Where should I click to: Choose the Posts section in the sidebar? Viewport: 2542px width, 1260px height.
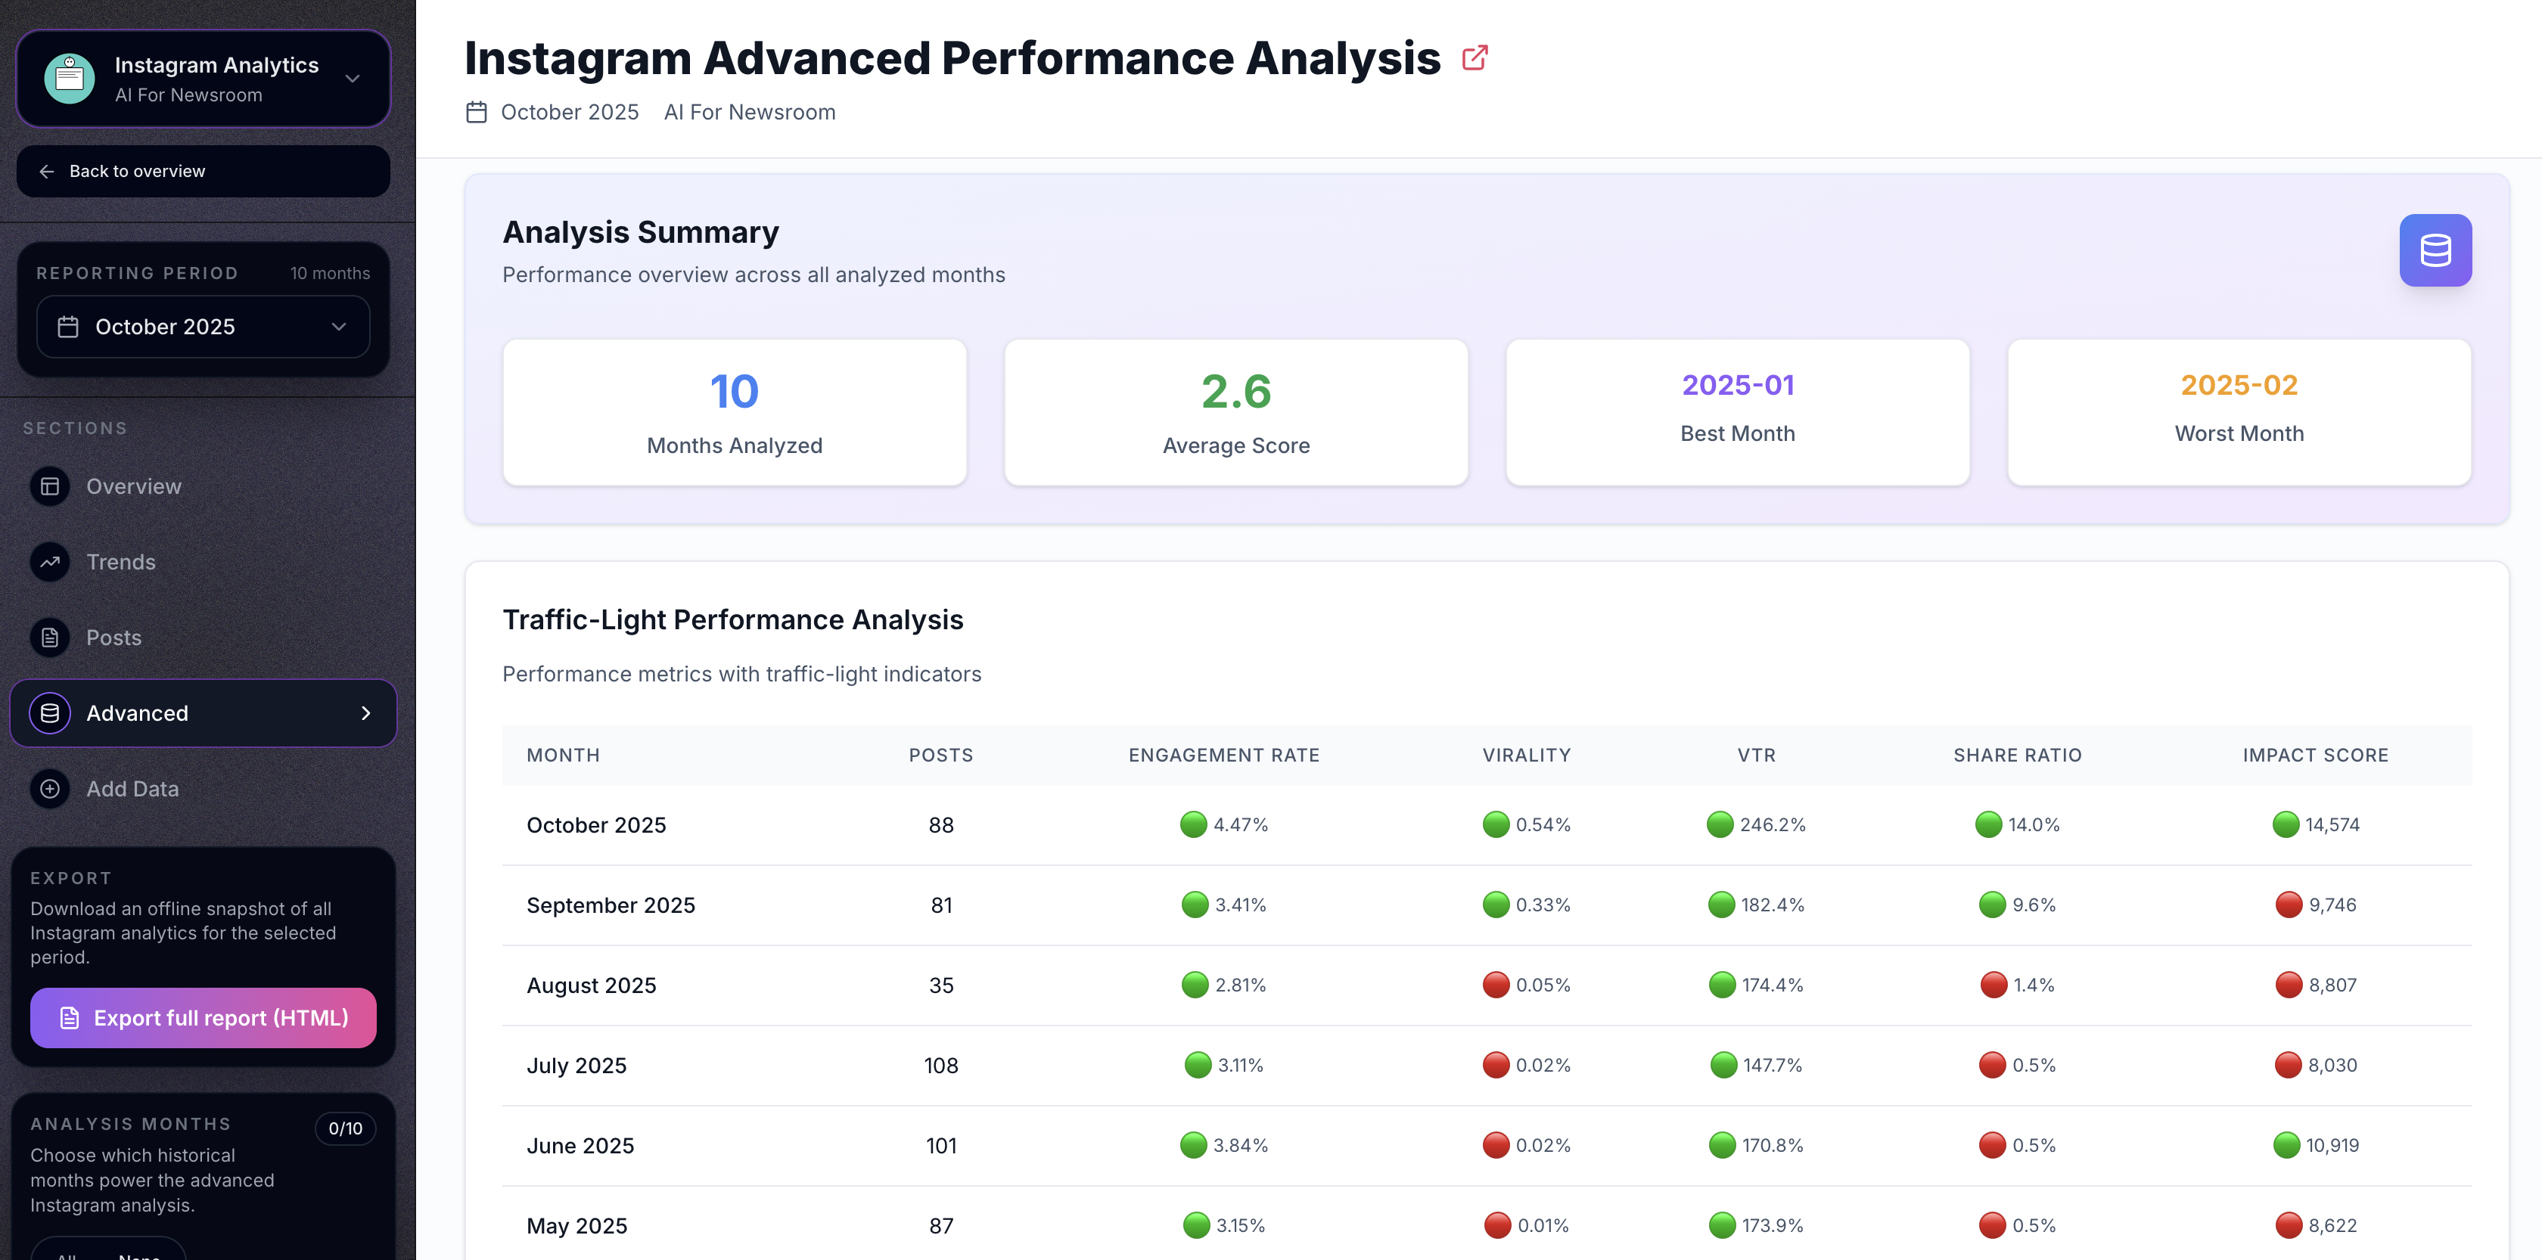point(113,638)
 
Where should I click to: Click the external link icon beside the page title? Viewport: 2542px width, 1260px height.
point(1475,58)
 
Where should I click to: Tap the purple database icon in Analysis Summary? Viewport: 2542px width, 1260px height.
point(2435,250)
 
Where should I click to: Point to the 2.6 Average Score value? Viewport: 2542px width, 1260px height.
point(1235,392)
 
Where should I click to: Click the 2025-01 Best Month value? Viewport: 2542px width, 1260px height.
point(1737,385)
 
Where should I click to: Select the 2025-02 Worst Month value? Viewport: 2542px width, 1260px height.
point(2238,385)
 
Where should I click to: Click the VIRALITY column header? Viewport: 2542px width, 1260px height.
point(1526,756)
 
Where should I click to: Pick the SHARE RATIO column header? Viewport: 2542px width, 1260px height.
point(2017,756)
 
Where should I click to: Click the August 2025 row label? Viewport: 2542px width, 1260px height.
point(591,985)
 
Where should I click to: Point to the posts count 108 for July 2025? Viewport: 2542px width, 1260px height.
point(940,1066)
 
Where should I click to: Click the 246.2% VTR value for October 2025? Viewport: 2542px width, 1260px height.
point(1773,825)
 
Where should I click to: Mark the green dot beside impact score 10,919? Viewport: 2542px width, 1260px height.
point(2286,1146)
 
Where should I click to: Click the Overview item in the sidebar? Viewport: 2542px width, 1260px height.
point(133,486)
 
